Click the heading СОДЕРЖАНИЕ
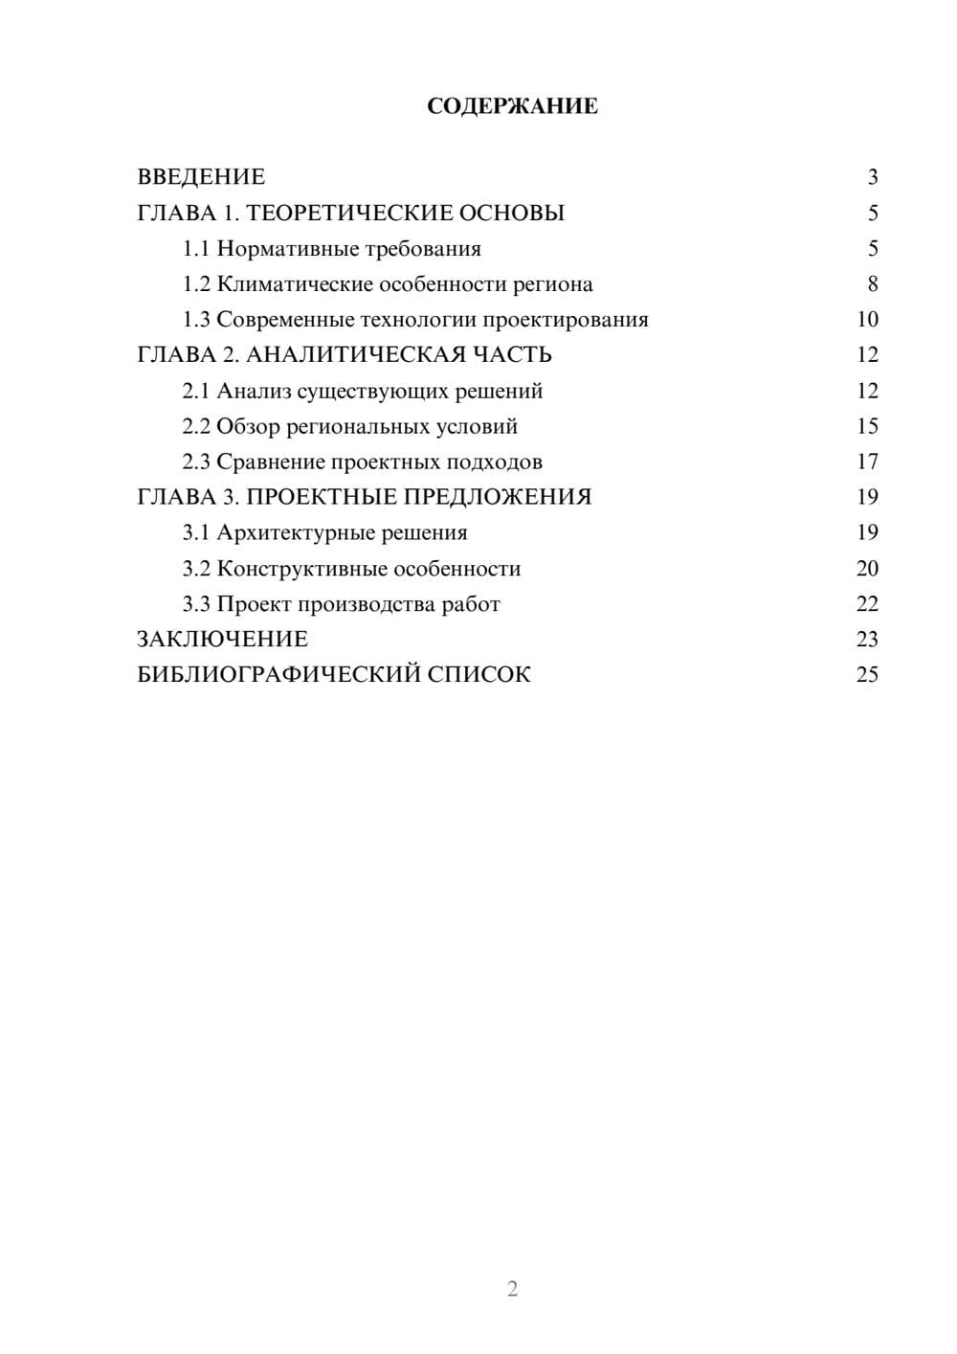512,106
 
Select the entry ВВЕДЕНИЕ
201,177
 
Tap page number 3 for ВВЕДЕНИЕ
872,177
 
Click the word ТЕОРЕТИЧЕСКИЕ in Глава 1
347,213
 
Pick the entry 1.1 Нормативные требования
331,249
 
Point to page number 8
872,284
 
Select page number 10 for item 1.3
867,320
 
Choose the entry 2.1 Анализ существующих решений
362,391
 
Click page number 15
867,426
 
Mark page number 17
867,463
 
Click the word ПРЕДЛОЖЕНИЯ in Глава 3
497,497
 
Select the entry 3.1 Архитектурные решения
324,532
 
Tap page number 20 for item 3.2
867,569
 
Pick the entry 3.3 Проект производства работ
341,604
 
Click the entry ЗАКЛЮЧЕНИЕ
222,639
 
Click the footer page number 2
512,1289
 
